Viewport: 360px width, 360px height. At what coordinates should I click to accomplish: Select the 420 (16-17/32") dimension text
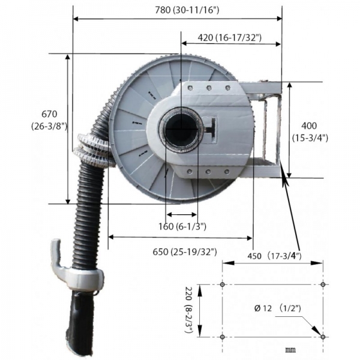pos(221,37)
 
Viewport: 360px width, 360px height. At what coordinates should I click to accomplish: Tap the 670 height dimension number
pos(49,114)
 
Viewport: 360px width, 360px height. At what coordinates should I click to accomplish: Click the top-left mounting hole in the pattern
pos(223,284)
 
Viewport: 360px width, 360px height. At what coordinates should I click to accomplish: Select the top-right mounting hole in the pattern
pos(323,284)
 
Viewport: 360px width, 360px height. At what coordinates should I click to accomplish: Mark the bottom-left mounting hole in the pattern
pos(223,337)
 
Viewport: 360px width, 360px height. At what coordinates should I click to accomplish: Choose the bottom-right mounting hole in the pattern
pos(323,337)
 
